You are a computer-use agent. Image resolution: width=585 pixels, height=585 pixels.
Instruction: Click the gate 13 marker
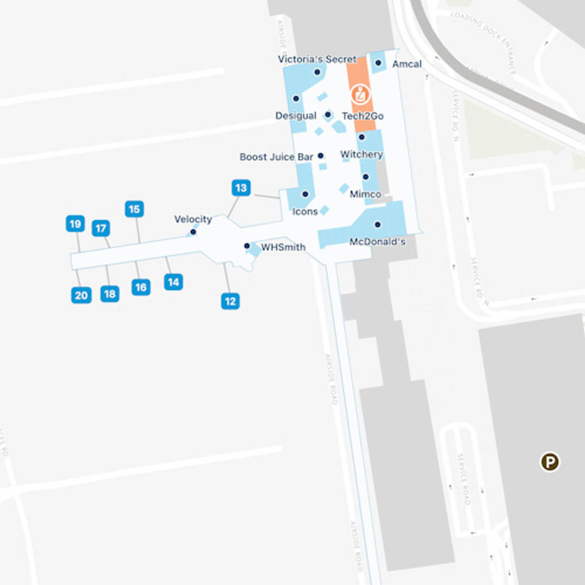click(241, 188)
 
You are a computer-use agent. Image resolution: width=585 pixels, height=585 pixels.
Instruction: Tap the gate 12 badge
click(230, 301)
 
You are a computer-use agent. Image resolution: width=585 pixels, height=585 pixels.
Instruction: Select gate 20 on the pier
click(81, 295)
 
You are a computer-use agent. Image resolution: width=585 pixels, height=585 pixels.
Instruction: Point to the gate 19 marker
click(75, 224)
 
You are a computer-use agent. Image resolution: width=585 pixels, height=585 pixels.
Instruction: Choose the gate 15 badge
click(134, 209)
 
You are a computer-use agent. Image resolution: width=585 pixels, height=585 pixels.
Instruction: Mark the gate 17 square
click(101, 229)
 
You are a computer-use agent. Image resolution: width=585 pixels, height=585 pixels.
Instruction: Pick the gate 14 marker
click(173, 282)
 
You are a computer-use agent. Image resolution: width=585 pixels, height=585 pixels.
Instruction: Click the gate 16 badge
click(141, 287)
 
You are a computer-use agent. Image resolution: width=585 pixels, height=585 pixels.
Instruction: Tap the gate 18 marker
click(110, 294)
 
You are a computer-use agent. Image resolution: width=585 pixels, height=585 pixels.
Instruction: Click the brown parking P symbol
click(550, 462)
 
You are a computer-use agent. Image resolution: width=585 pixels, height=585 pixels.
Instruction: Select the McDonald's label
click(378, 242)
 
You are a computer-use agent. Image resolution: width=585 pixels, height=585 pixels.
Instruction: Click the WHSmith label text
click(283, 247)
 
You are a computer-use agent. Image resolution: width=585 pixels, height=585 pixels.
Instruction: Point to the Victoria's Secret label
click(317, 59)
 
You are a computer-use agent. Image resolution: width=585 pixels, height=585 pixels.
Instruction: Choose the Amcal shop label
click(407, 64)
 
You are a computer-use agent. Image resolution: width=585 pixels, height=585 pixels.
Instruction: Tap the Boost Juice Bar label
click(276, 157)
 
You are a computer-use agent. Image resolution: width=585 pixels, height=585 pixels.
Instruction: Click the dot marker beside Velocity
click(193, 232)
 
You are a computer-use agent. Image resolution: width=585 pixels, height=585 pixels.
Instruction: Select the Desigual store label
click(296, 116)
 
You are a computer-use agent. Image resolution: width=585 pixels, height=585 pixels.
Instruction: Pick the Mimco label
click(366, 194)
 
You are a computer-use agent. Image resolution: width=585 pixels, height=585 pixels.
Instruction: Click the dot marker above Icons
click(305, 194)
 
